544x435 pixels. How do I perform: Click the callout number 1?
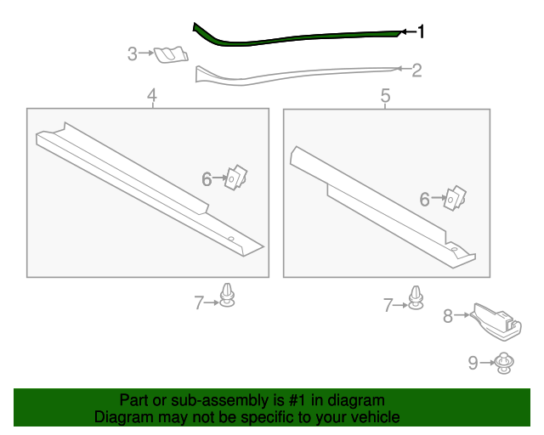coord(421,31)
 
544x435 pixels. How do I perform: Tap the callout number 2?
coord(416,71)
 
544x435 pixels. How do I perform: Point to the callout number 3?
coord(133,54)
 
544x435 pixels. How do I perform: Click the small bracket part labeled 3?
coord(171,54)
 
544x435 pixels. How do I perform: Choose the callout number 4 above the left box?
coord(152,95)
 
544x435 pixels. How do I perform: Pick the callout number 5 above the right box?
coord(385,95)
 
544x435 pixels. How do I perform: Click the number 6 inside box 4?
coord(207,179)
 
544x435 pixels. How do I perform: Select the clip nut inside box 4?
coord(236,178)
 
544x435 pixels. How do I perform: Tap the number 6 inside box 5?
coord(425,200)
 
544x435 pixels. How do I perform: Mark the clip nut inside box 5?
coord(455,198)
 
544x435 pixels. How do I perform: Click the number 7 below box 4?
coord(198,302)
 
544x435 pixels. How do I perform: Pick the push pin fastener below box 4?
coord(227,295)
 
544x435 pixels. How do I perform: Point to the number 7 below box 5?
coord(388,305)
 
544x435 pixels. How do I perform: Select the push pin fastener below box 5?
coord(416,297)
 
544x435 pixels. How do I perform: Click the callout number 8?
coord(448,316)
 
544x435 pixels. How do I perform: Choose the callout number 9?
coord(473,363)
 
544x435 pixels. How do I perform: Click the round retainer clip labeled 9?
coord(504,363)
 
